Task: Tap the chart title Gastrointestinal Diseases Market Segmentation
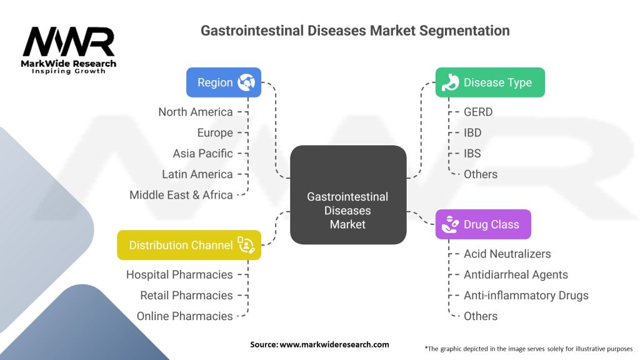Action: (354, 31)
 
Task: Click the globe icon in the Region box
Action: (245, 82)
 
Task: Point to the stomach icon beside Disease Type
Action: (450, 82)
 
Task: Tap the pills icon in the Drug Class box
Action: (449, 224)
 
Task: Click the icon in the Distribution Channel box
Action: (244, 245)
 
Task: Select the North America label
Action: (196, 112)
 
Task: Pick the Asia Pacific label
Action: (202, 153)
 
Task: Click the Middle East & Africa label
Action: (181, 195)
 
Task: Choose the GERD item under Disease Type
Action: (478, 112)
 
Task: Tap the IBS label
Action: (472, 153)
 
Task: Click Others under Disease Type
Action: (481, 174)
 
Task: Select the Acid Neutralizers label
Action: (507, 254)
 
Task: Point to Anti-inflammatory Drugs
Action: (526, 295)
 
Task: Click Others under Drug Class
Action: (481, 316)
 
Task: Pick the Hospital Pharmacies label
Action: (179, 274)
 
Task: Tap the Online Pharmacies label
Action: (185, 316)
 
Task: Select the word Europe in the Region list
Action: (214, 132)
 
